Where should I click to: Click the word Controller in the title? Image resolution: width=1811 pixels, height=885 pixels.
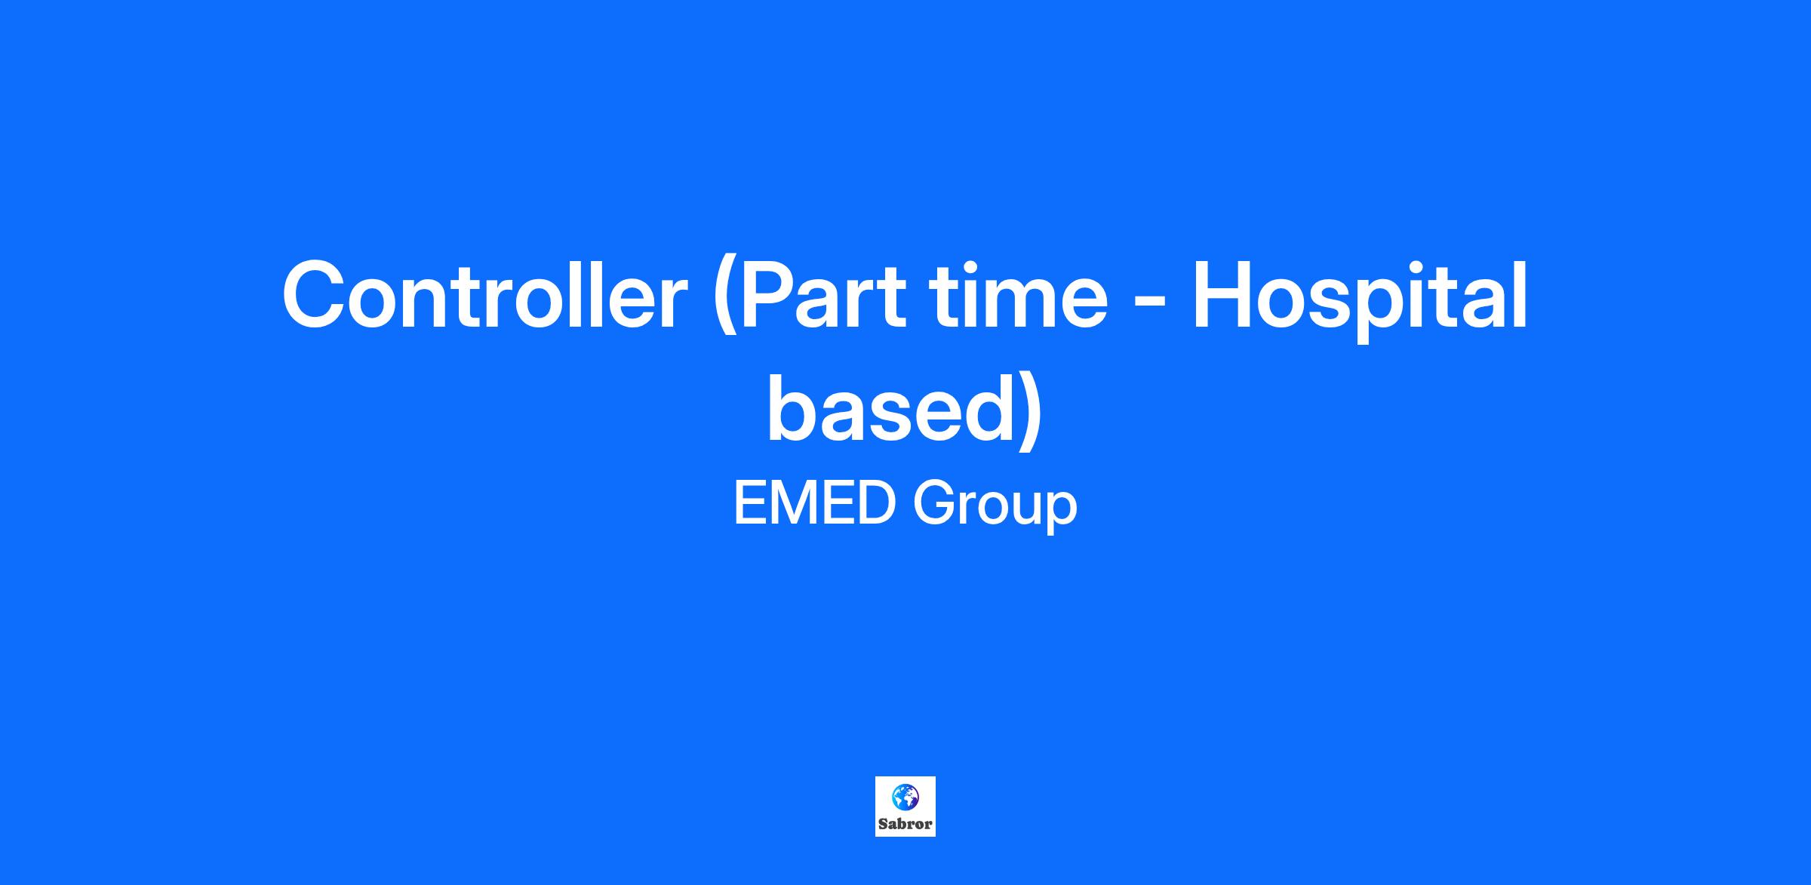point(484,296)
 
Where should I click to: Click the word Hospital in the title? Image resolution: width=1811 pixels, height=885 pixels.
point(1360,300)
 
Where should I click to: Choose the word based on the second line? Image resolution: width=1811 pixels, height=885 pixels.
point(890,407)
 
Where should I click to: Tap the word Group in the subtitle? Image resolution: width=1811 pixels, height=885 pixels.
point(995,507)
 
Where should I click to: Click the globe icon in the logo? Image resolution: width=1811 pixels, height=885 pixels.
point(906,797)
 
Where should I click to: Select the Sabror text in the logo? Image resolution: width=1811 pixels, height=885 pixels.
point(906,824)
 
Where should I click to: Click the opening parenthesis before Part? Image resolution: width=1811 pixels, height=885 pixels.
point(724,302)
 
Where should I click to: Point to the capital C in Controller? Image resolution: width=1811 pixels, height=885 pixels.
point(316,296)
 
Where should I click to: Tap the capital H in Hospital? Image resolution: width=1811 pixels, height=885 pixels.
point(1222,296)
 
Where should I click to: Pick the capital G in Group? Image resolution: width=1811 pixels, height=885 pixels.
point(935,503)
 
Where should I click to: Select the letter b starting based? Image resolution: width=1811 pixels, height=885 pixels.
point(794,407)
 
